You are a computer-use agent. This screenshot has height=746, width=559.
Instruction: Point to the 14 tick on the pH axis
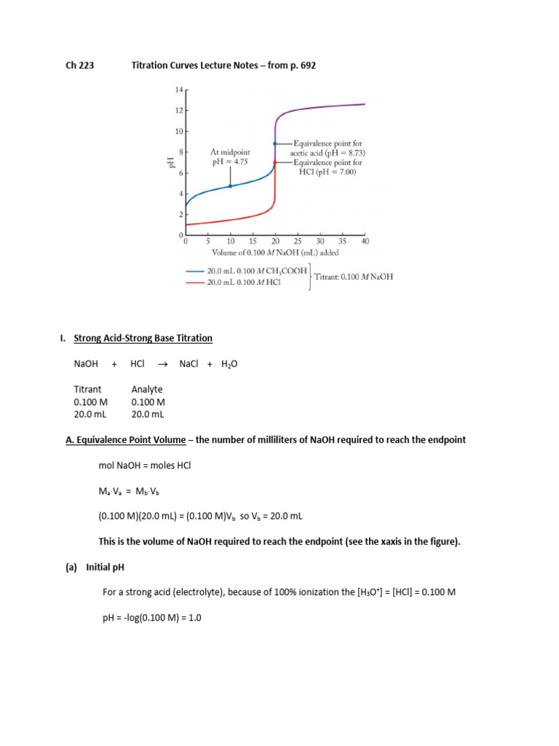(179, 90)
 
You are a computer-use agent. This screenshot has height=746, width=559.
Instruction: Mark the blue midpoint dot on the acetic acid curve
(230, 186)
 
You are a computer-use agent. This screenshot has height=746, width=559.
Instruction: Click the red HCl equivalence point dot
(275, 162)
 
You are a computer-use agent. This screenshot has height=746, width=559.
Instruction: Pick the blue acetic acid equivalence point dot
(275, 144)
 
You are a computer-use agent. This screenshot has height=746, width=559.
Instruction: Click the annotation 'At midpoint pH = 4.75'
(230, 157)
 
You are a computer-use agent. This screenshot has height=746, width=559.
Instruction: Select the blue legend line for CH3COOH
(195, 270)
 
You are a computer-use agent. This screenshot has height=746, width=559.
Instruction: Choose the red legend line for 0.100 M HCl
(195, 282)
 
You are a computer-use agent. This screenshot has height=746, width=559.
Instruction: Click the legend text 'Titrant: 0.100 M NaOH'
(353, 277)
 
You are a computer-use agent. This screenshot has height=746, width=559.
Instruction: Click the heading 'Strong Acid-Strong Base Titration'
(143, 338)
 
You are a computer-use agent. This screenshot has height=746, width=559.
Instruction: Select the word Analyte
(147, 390)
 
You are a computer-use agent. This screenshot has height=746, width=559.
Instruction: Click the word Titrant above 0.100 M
(87, 390)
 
